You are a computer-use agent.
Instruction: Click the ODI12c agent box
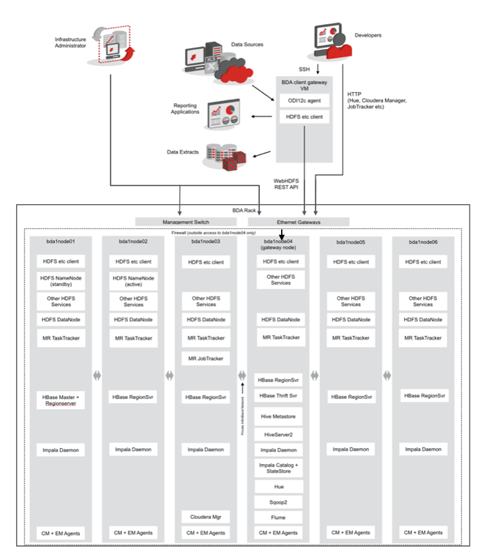tap(304, 100)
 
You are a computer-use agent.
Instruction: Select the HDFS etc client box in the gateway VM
tap(304, 116)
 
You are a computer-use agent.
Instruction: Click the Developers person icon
tap(332, 42)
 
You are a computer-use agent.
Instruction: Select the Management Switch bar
tap(188, 221)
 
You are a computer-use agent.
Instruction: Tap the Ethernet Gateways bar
tap(299, 221)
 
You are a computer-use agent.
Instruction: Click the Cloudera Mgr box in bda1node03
tap(206, 517)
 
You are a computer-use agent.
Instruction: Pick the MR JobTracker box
tap(206, 358)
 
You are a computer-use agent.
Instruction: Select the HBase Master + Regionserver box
tap(61, 399)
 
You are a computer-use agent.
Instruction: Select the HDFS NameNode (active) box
tap(133, 281)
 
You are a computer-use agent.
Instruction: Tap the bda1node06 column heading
tap(423, 242)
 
